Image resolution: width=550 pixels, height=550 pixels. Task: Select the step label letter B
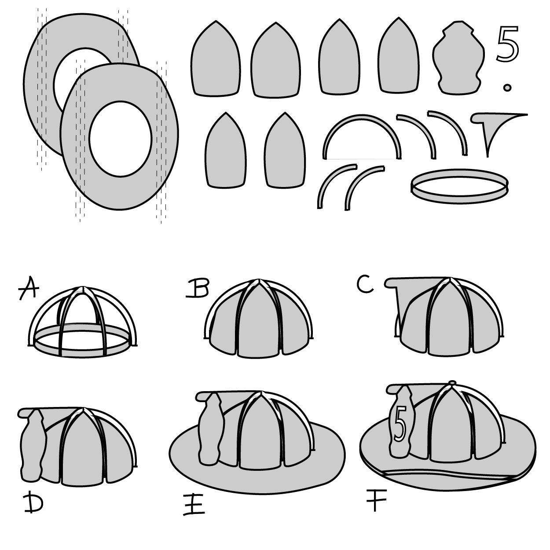(197, 289)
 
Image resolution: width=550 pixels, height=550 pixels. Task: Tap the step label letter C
(365, 285)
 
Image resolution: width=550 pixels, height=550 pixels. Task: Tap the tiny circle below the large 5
(507, 88)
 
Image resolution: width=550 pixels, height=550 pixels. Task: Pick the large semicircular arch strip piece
(362, 132)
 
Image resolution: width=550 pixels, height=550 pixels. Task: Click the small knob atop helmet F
(452, 383)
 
